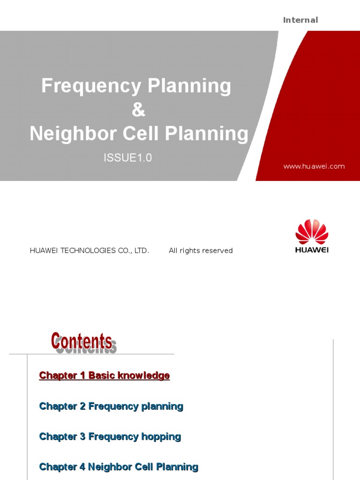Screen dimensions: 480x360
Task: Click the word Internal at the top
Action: (300, 20)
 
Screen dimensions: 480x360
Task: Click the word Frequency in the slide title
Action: (91, 86)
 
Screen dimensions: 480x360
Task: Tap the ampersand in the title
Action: (138, 110)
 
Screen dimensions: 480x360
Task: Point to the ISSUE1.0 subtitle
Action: (127, 158)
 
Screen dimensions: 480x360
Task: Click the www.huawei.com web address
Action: (314, 166)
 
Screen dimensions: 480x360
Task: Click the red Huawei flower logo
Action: (312, 232)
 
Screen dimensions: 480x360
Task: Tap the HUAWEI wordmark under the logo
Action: (312, 250)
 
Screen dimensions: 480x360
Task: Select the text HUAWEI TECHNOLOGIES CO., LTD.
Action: (90, 250)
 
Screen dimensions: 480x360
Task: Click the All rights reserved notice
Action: (201, 250)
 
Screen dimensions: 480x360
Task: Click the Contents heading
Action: (82, 341)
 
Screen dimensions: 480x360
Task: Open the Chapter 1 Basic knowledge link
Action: (105, 375)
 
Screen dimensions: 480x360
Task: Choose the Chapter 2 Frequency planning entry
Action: (111, 406)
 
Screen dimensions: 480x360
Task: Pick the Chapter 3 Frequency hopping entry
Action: (110, 436)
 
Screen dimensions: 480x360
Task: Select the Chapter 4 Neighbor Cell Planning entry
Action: (119, 467)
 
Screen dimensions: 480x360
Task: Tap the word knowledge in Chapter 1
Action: (143, 375)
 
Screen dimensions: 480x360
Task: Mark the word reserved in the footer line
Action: (218, 250)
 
